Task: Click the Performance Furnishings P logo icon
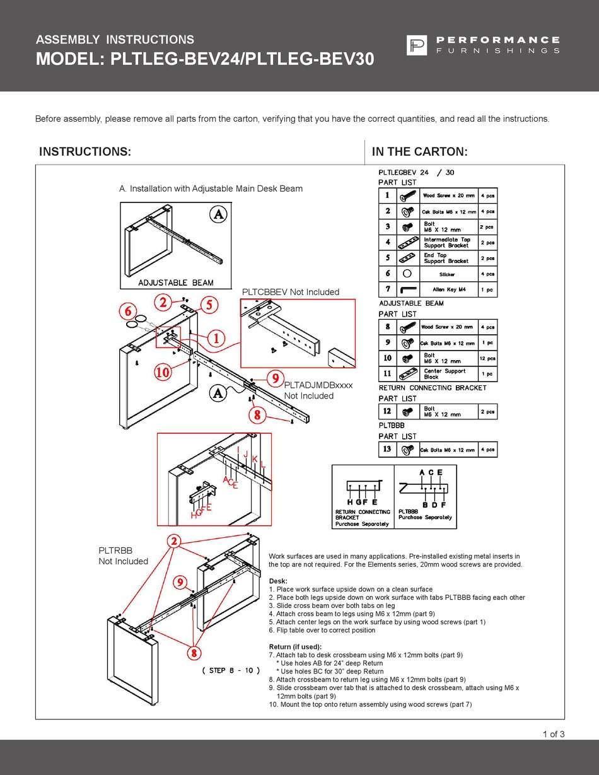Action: click(x=416, y=45)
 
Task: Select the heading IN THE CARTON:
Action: click(x=419, y=152)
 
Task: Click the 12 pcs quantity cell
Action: click(x=487, y=358)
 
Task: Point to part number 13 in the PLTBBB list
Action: click(x=387, y=449)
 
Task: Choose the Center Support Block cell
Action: click(x=445, y=374)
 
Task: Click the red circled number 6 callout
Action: click(x=129, y=311)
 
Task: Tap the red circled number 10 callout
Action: click(x=163, y=372)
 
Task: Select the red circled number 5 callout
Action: click(x=209, y=305)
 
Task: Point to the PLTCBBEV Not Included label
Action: click(x=291, y=292)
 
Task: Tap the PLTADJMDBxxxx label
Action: click(x=318, y=385)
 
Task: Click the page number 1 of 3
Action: click(x=553, y=733)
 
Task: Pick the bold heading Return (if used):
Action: click(x=295, y=647)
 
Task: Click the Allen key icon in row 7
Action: click(x=408, y=289)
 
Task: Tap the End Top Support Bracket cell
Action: click(x=446, y=258)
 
